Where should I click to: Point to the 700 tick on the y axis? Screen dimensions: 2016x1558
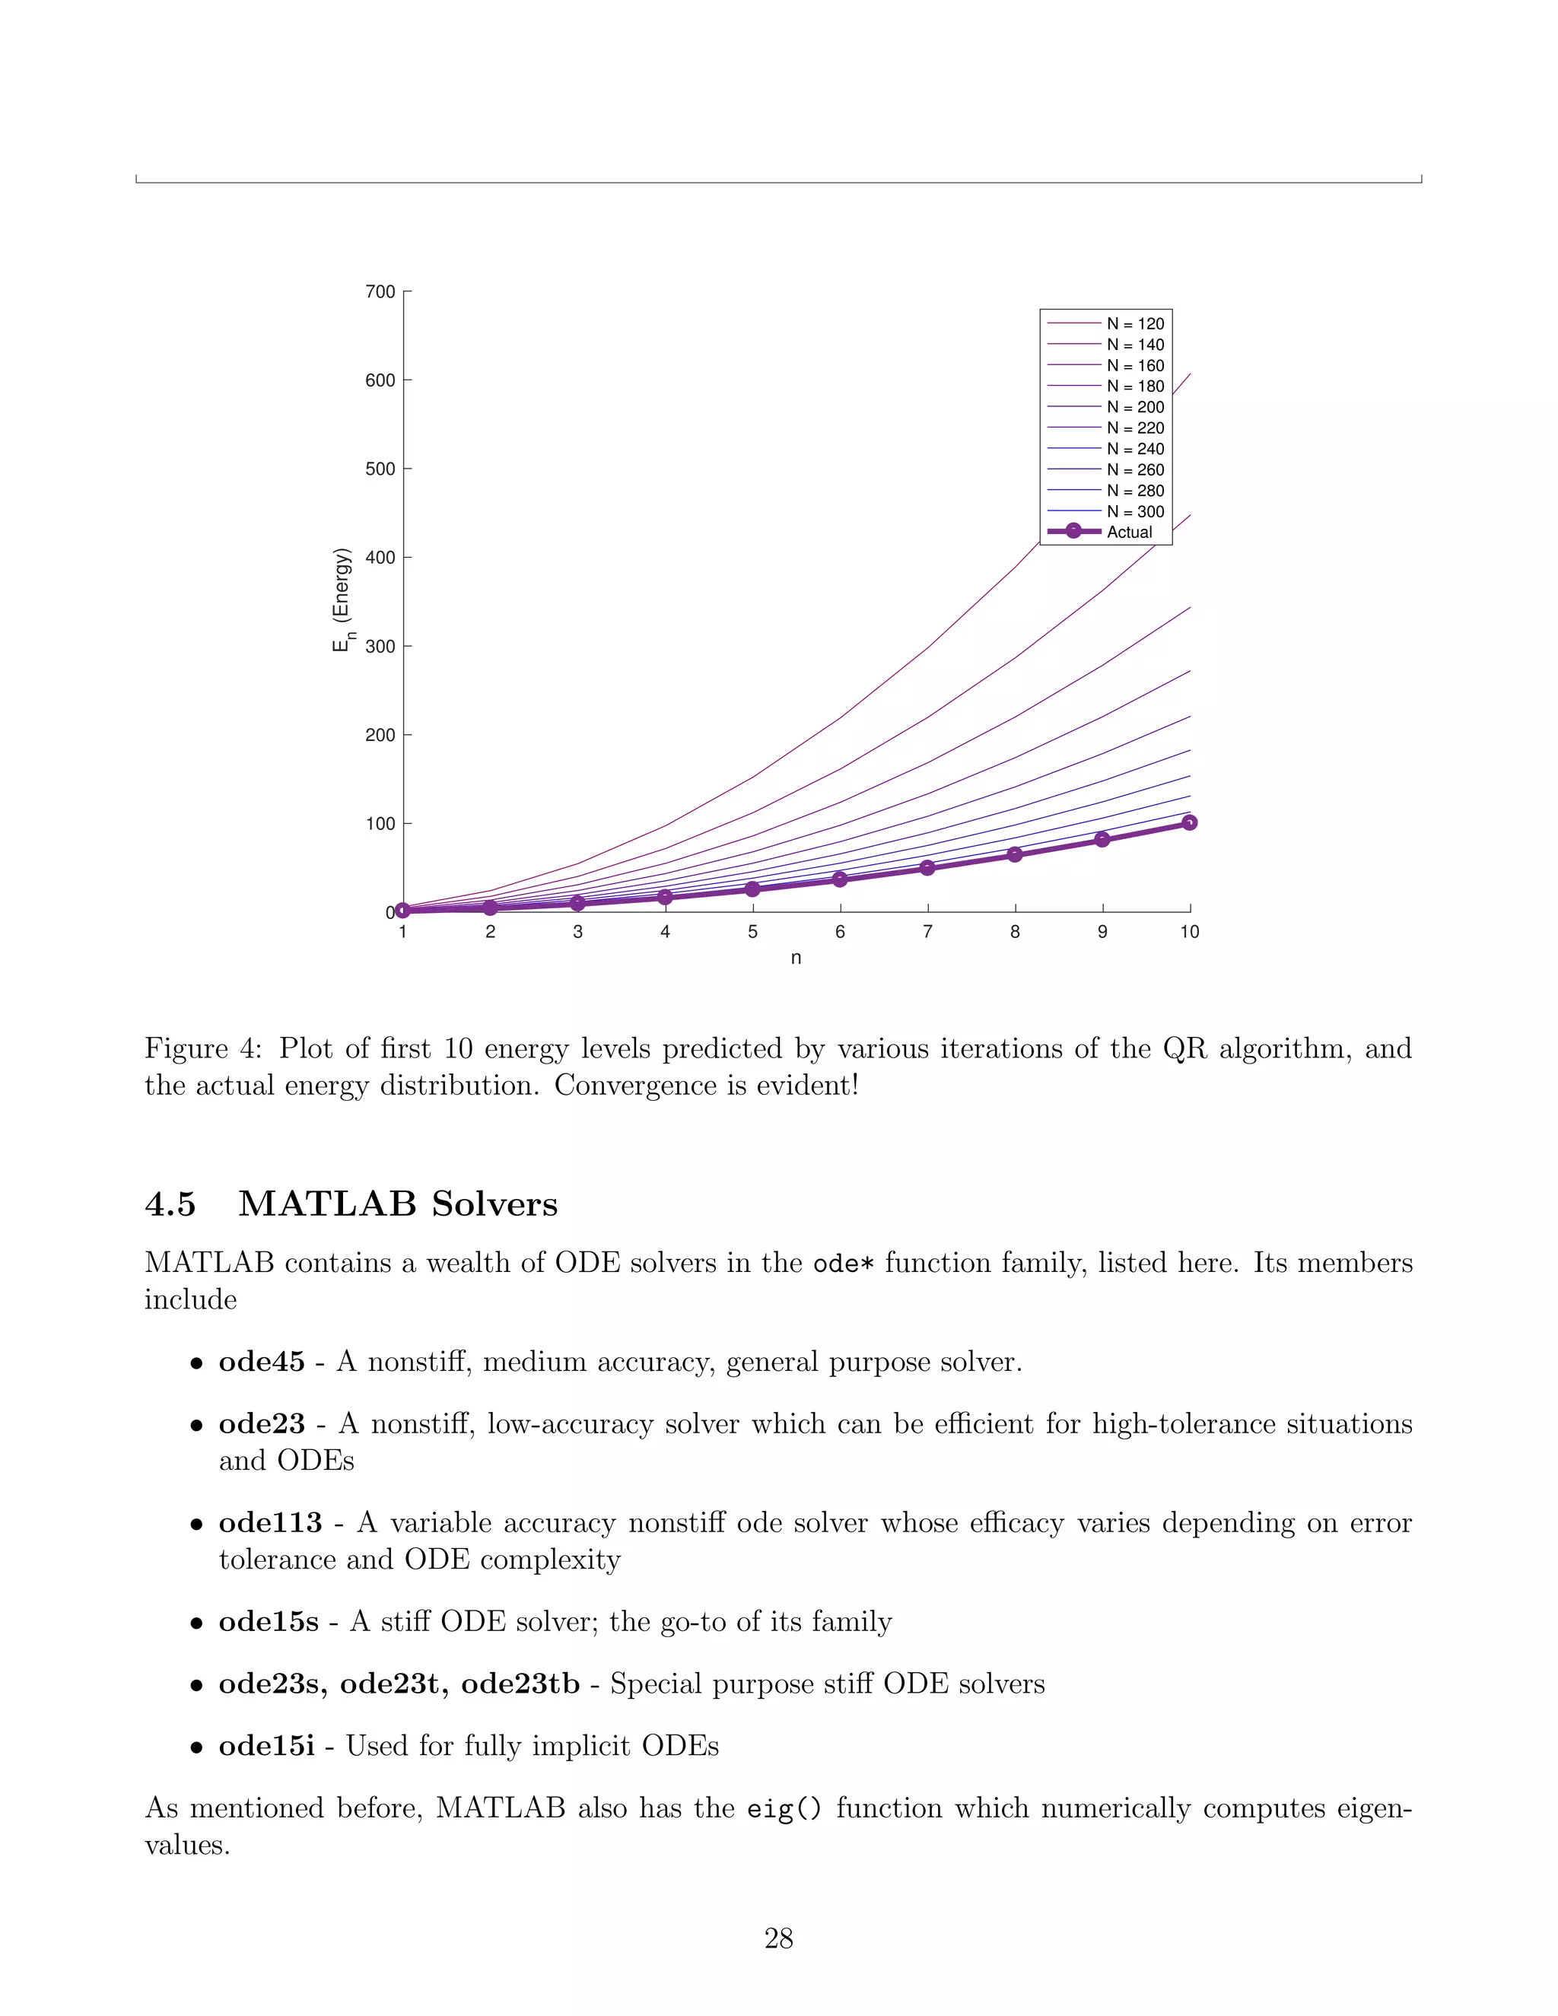pyautogui.click(x=380, y=291)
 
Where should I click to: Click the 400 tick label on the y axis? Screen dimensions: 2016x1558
pyautogui.click(x=380, y=558)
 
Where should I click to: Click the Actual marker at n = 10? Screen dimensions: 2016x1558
pyautogui.click(x=1189, y=822)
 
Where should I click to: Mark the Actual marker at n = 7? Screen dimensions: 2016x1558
pyautogui.click(x=927, y=868)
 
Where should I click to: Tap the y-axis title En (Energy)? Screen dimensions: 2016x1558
pyautogui.click(x=342, y=600)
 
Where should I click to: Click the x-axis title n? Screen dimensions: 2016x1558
pyautogui.click(x=796, y=958)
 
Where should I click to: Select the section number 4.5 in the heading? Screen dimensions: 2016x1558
pyautogui.click(x=170, y=1204)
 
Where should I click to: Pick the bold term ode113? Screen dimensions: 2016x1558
pyautogui.click(x=269, y=1523)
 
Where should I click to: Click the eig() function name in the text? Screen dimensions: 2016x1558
pyautogui.click(x=784, y=1808)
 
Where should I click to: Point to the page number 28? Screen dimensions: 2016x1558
pyautogui.click(x=778, y=1938)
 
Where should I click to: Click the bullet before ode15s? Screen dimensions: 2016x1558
pyautogui.click(x=196, y=1623)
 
